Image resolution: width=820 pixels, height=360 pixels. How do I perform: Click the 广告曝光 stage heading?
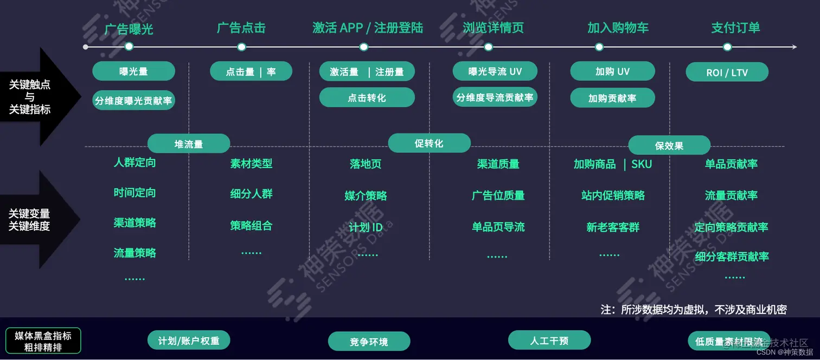pyautogui.click(x=129, y=28)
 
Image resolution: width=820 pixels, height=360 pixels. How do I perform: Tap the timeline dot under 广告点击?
pyautogui.click(x=241, y=47)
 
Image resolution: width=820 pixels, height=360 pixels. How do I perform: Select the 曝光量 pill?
pyautogui.click(x=133, y=72)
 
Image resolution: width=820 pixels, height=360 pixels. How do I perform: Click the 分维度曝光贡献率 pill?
pyautogui.click(x=133, y=100)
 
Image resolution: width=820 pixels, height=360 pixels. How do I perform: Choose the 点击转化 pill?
pyautogui.click(x=367, y=98)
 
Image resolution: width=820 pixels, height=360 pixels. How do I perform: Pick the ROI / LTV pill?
pyautogui.click(x=727, y=72)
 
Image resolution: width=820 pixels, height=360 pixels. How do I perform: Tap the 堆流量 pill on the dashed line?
pyautogui.click(x=189, y=144)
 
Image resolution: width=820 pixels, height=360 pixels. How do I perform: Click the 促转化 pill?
pyautogui.click(x=429, y=143)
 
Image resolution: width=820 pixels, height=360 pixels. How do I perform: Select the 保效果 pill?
pyautogui.click(x=669, y=145)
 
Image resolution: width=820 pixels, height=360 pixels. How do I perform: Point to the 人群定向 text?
pyautogui.click(x=134, y=162)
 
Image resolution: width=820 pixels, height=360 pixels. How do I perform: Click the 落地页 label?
pyautogui.click(x=366, y=164)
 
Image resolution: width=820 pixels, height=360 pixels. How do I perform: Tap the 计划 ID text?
pyautogui.click(x=366, y=227)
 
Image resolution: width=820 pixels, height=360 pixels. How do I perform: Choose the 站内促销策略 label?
pyautogui.click(x=613, y=195)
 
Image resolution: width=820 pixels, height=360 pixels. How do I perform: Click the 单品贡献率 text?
pyautogui.click(x=731, y=164)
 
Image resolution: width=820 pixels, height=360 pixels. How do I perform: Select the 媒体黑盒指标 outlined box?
pyautogui.click(x=43, y=341)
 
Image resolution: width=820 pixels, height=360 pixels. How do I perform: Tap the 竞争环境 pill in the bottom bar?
pyautogui.click(x=369, y=342)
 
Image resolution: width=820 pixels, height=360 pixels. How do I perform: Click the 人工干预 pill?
pyautogui.click(x=549, y=340)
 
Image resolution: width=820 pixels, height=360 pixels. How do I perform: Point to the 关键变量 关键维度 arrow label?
pyautogui.click(x=30, y=220)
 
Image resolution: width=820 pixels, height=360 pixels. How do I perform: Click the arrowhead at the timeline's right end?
pyautogui.click(x=794, y=47)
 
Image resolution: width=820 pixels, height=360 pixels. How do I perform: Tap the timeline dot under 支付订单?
pyautogui.click(x=727, y=47)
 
